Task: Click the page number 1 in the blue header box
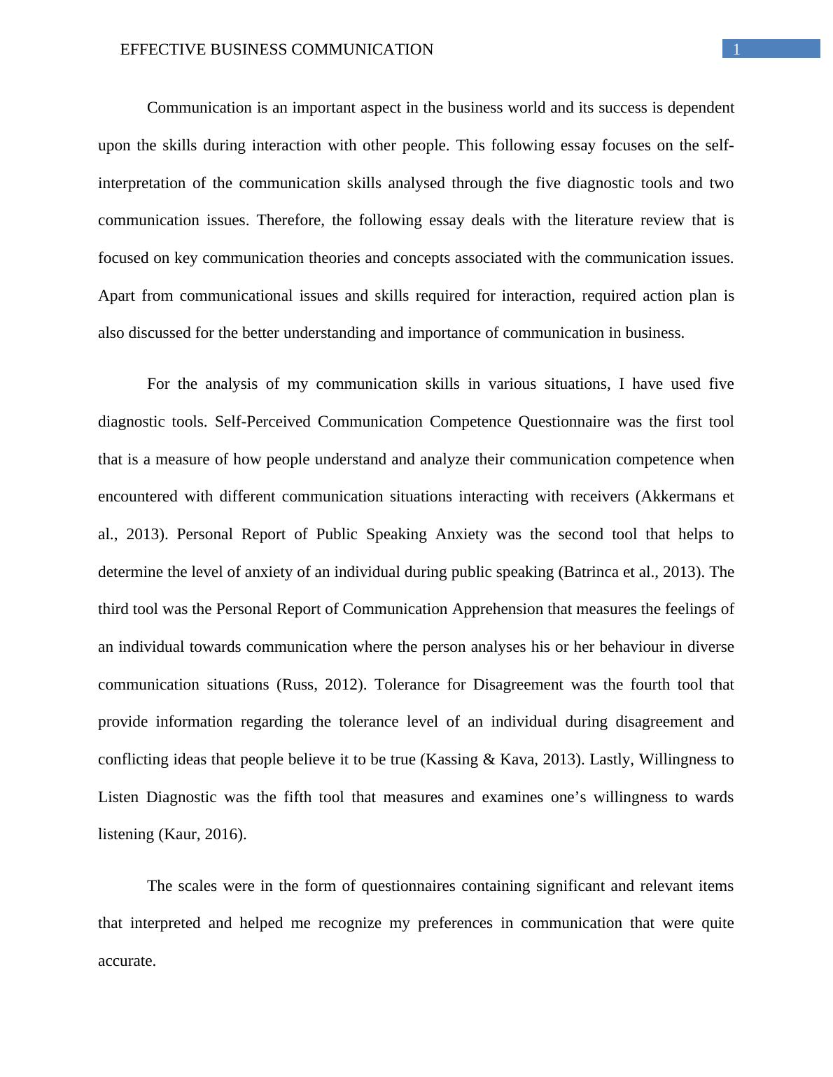pyautogui.click(x=736, y=49)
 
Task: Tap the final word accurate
pyautogui.click(x=126, y=961)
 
